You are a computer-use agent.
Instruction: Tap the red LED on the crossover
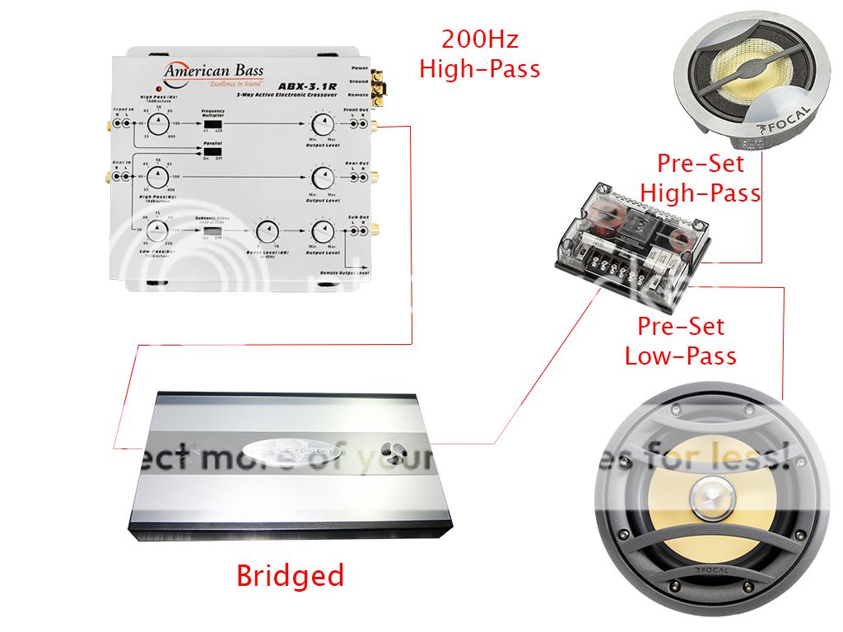[x=154, y=87]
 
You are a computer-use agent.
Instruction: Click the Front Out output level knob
[x=321, y=124]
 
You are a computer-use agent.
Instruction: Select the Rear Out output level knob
[x=321, y=178]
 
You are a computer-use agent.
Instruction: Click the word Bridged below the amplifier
[x=290, y=575]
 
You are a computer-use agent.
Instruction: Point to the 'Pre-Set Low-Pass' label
[x=680, y=341]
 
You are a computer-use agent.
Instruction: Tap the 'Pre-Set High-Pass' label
[x=701, y=178]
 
